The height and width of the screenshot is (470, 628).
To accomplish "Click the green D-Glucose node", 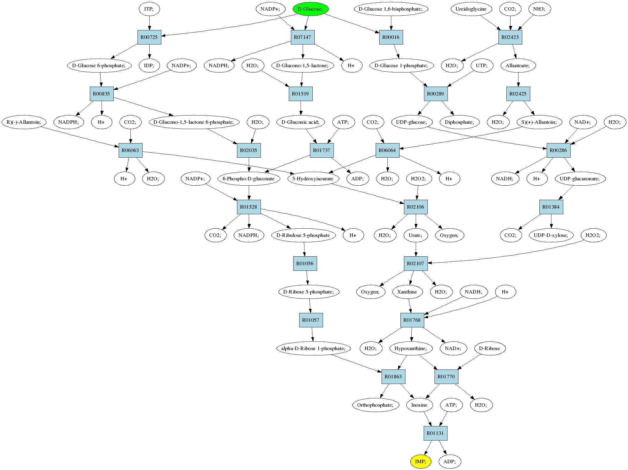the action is [311, 9].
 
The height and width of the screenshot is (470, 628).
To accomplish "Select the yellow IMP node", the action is [421, 461].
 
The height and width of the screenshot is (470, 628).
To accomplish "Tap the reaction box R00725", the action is [149, 37].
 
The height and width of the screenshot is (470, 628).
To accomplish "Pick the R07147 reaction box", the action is [303, 37].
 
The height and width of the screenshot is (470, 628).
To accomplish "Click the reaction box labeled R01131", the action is [435, 433].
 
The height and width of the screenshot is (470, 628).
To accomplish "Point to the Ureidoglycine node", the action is [471, 9].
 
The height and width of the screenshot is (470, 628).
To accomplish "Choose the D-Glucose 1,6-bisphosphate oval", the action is [391, 9].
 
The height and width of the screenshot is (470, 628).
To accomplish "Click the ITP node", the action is [149, 9].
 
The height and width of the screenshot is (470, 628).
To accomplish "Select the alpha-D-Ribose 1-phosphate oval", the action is [314, 348].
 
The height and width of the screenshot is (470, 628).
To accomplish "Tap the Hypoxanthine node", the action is [411, 348].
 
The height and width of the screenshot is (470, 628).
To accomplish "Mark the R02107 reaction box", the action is [416, 263].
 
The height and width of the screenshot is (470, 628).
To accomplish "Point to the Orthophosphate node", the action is [376, 405].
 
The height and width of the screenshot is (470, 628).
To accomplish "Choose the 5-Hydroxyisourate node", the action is [313, 179].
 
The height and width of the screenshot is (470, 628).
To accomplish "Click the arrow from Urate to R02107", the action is [416, 249].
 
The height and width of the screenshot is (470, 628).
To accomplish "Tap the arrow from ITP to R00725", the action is [149, 23].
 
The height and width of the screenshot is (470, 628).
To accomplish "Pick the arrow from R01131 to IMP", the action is [427, 448].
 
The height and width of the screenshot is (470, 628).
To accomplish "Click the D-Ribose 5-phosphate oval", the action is [309, 292].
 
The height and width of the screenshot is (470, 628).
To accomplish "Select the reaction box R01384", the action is [551, 207].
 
